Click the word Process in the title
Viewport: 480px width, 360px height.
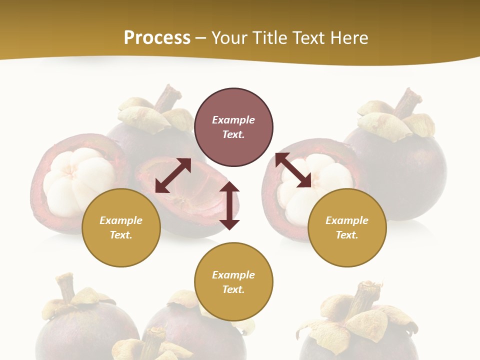coord(157,38)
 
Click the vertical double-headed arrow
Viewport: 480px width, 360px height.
coord(229,205)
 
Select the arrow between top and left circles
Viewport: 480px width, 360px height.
coord(173,175)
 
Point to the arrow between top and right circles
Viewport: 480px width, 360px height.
coord(293,170)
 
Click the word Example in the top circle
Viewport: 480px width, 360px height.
coord(233,120)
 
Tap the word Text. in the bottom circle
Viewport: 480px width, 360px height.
coord(233,289)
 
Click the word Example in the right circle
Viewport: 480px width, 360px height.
coord(347,220)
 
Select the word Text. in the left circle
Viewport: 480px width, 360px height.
coord(121,235)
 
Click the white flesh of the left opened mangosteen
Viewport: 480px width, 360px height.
coord(75,175)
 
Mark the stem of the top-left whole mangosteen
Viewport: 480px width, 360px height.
coord(167,98)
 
